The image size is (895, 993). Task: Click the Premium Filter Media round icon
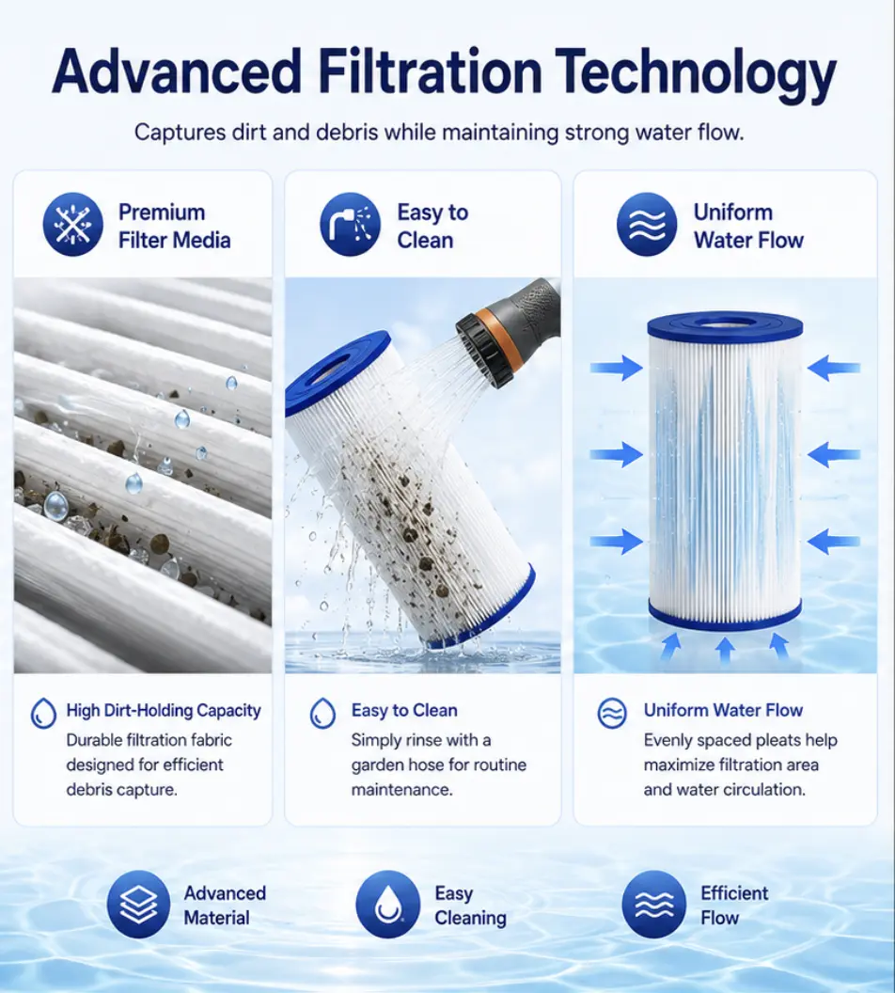72,225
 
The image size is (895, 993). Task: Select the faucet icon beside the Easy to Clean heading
350,225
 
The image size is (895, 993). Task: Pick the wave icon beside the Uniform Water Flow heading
647,225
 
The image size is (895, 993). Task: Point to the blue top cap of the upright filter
725,325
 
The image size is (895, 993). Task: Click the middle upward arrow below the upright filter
726,649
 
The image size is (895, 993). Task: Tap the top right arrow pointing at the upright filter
834,368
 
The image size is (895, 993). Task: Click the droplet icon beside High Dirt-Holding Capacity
43,713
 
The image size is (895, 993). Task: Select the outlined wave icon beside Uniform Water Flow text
612,714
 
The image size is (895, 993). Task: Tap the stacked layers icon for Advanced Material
138,904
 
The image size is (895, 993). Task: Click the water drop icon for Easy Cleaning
388,904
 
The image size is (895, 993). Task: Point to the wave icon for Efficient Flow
653,904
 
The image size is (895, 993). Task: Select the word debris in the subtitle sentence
346,133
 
